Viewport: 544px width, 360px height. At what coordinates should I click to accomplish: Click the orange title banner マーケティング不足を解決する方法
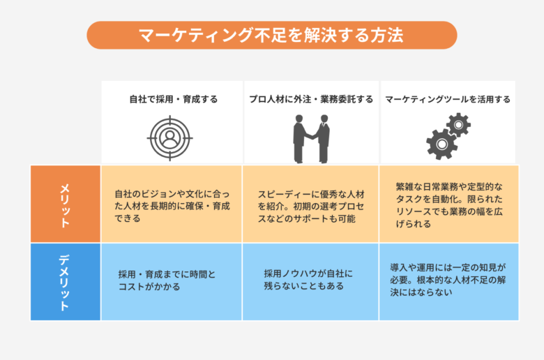click(x=272, y=35)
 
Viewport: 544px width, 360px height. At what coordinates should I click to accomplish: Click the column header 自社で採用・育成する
click(x=174, y=99)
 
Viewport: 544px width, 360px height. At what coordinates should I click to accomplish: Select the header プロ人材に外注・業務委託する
click(x=311, y=99)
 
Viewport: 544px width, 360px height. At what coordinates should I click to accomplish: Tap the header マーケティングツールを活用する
click(x=448, y=99)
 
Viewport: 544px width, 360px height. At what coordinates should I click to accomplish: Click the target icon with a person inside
click(x=169, y=138)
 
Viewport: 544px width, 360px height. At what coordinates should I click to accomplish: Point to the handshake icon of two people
click(x=311, y=139)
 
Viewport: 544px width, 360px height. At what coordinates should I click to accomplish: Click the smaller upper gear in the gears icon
click(x=458, y=125)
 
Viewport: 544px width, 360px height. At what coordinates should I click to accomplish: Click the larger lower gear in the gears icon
click(x=441, y=144)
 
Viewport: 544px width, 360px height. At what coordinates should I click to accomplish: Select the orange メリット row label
click(x=66, y=204)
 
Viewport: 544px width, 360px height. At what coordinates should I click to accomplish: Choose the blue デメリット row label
click(x=66, y=282)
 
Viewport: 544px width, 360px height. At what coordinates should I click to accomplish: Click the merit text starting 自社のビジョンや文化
click(x=172, y=206)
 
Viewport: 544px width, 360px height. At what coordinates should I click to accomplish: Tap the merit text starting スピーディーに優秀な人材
click(x=311, y=207)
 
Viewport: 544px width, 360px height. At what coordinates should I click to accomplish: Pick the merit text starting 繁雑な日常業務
click(x=449, y=205)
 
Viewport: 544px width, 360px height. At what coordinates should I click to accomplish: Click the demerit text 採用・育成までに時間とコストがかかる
click(x=167, y=280)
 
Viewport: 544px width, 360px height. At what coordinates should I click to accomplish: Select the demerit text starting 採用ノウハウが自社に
click(x=308, y=280)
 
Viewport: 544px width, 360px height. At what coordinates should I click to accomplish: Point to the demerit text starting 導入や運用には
click(x=448, y=280)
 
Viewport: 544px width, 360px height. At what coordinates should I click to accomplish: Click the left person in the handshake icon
click(x=301, y=139)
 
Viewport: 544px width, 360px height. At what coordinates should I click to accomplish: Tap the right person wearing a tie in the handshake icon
click(x=323, y=139)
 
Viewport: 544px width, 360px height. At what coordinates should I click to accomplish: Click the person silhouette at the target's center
click(x=169, y=138)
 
